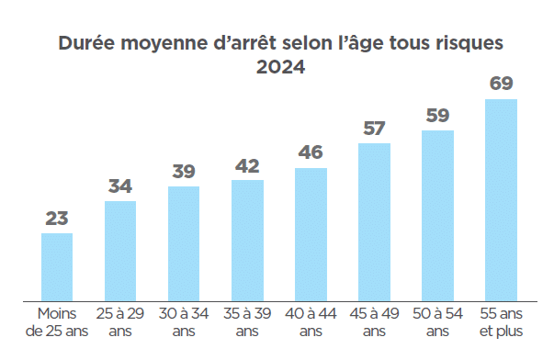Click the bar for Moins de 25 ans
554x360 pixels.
click(57, 266)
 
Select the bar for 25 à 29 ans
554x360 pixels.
click(120, 250)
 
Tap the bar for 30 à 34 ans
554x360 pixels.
click(184, 242)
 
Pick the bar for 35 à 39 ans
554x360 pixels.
click(247, 240)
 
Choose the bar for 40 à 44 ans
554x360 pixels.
click(311, 234)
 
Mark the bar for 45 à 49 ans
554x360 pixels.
click(374, 221)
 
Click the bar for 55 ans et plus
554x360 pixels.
click(501, 199)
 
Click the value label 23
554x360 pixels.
click(57, 219)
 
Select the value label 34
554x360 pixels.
click(120, 186)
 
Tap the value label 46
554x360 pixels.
click(311, 152)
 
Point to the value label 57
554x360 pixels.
click(374, 128)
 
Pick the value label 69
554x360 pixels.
click(501, 84)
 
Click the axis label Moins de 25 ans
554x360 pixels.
click(57, 322)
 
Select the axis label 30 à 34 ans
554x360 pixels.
click(184, 322)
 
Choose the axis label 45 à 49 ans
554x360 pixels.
click(374, 322)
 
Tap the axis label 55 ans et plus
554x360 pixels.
click(501, 322)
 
